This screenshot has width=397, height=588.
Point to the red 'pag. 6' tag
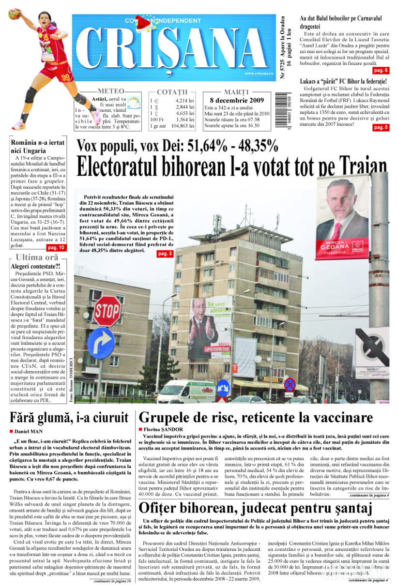(x=380, y=70)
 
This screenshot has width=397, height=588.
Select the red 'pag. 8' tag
(x=380, y=128)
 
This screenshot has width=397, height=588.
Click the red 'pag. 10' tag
(x=57, y=247)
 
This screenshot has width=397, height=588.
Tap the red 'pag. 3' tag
(x=165, y=253)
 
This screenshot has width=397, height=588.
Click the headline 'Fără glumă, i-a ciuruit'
(x=69, y=417)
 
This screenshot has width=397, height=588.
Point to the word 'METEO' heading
(x=111, y=91)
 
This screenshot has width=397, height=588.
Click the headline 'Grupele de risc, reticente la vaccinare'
(x=256, y=418)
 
